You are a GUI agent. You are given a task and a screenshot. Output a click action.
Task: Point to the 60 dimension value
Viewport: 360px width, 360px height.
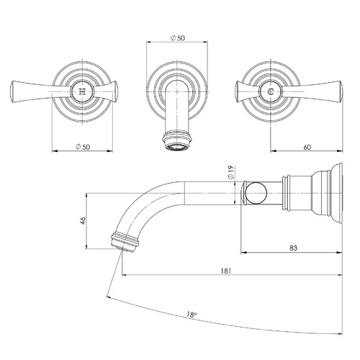coord(306,147)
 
